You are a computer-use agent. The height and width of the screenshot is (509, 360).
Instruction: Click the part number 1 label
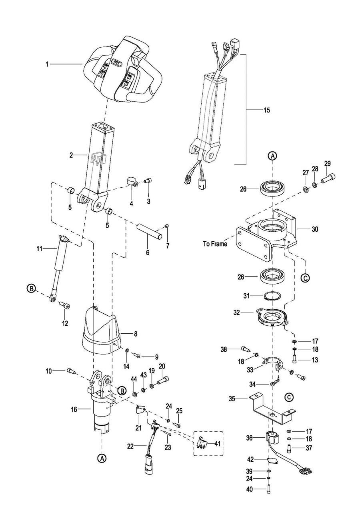point(47,64)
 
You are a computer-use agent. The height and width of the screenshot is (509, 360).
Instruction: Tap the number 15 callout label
point(267,110)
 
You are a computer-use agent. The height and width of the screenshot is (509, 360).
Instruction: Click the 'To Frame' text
point(215,244)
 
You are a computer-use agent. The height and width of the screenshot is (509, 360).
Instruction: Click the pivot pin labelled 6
point(150,232)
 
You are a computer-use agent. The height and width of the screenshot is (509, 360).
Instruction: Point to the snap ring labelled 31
point(272,296)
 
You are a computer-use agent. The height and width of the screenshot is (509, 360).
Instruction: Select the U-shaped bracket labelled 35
point(272,412)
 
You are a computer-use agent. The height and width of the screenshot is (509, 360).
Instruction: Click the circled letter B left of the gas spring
point(31,289)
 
